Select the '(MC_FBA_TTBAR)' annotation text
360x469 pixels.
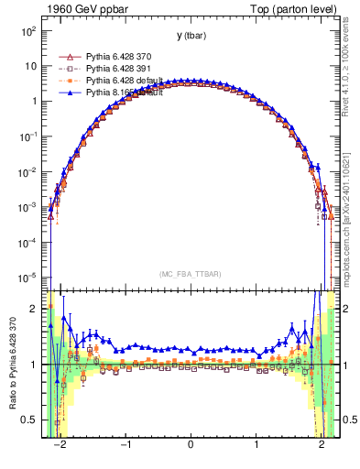click(x=191, y=274)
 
